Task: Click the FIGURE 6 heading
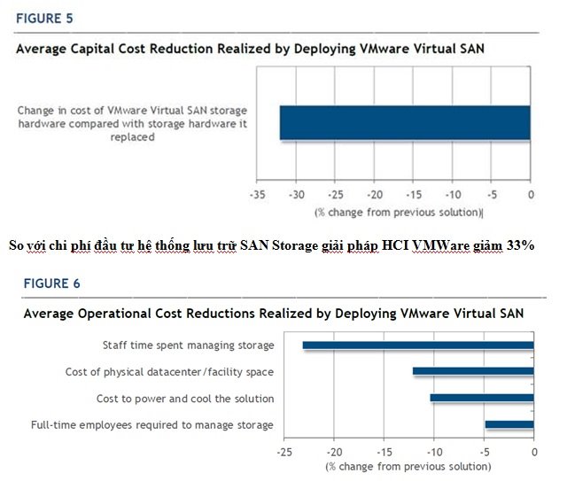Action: [47, 283]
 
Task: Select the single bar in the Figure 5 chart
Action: [405, 123]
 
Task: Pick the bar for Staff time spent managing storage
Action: [418, 345]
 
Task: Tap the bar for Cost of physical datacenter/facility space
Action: [473, 372]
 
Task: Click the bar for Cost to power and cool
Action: [482, 399]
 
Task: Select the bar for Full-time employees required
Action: [509, 425]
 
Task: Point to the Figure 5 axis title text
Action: [398, 213]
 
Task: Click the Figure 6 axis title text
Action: [408, 466]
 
